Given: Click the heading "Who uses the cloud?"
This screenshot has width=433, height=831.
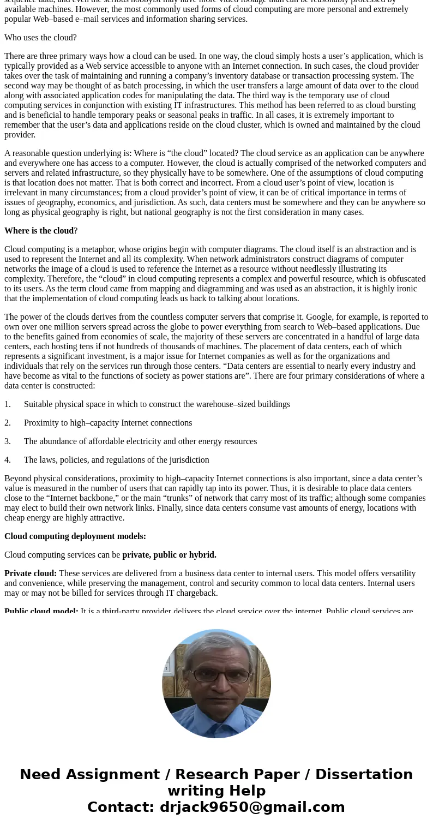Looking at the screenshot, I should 40,38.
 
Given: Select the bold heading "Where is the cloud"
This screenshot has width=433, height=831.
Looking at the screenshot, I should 39,231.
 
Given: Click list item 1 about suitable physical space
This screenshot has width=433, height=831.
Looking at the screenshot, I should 157,404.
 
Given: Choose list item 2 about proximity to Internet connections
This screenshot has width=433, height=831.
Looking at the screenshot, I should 107,423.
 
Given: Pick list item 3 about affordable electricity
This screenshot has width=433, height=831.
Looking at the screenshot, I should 140,441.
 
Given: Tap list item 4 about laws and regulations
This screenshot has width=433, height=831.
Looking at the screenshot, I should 116,460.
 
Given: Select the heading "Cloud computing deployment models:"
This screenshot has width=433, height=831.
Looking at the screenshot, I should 75,536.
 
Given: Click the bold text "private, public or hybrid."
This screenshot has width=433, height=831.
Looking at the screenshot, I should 169,555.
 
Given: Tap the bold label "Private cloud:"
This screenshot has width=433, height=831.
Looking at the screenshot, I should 31,573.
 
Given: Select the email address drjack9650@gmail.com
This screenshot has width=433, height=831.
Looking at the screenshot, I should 252,808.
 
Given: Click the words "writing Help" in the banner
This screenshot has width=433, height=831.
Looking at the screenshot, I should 216,791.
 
